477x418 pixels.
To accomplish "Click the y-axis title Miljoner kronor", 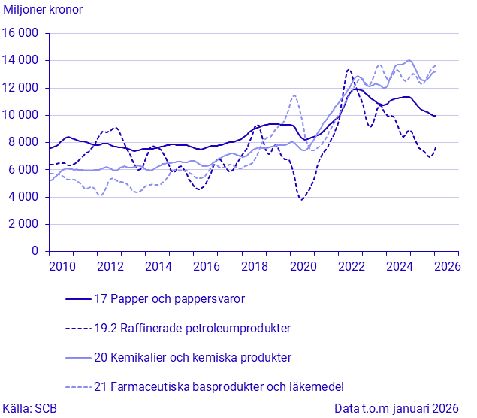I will tap(44, 10).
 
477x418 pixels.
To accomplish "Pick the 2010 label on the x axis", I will tap(62, 266).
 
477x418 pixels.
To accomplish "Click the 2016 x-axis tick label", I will tap(207, 266).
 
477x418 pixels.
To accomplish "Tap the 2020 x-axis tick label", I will tap(303, 266).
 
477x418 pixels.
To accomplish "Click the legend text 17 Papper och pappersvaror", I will tap(170, 298).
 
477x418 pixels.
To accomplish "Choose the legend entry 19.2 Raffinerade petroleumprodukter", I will tap(192, 328).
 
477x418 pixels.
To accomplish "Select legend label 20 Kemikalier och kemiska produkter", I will tap(192, 357).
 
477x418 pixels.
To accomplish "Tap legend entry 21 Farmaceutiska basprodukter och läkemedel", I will tap(219, 386).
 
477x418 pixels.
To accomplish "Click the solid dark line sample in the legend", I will tap(78, 298).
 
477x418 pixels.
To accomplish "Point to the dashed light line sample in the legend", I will tap(78, 386).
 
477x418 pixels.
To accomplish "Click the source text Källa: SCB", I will tap(29, 408).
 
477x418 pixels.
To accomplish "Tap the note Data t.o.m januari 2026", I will tap(397, 408).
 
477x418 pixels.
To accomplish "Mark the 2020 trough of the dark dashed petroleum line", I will tap(301, 200).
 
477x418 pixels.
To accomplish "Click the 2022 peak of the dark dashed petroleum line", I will tap(349, 70).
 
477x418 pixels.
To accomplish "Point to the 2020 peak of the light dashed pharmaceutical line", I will tap(294, 95).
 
